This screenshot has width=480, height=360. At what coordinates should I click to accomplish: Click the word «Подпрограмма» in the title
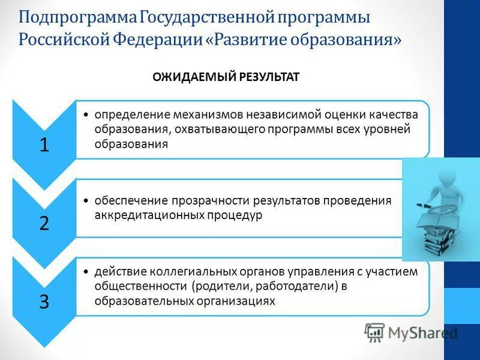tap(79, 17)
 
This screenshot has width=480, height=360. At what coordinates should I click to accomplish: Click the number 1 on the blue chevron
tap(44, 145)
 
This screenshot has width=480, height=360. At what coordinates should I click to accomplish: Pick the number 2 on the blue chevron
tap(44, 223)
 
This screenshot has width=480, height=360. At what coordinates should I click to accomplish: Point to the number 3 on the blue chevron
tap(44, 301)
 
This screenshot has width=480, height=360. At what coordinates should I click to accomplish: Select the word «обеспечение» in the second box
tap(125, 200)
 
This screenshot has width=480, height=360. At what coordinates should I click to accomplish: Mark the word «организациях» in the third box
tap(236, 301)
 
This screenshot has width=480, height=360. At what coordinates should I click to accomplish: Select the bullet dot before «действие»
tap(88, 272)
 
